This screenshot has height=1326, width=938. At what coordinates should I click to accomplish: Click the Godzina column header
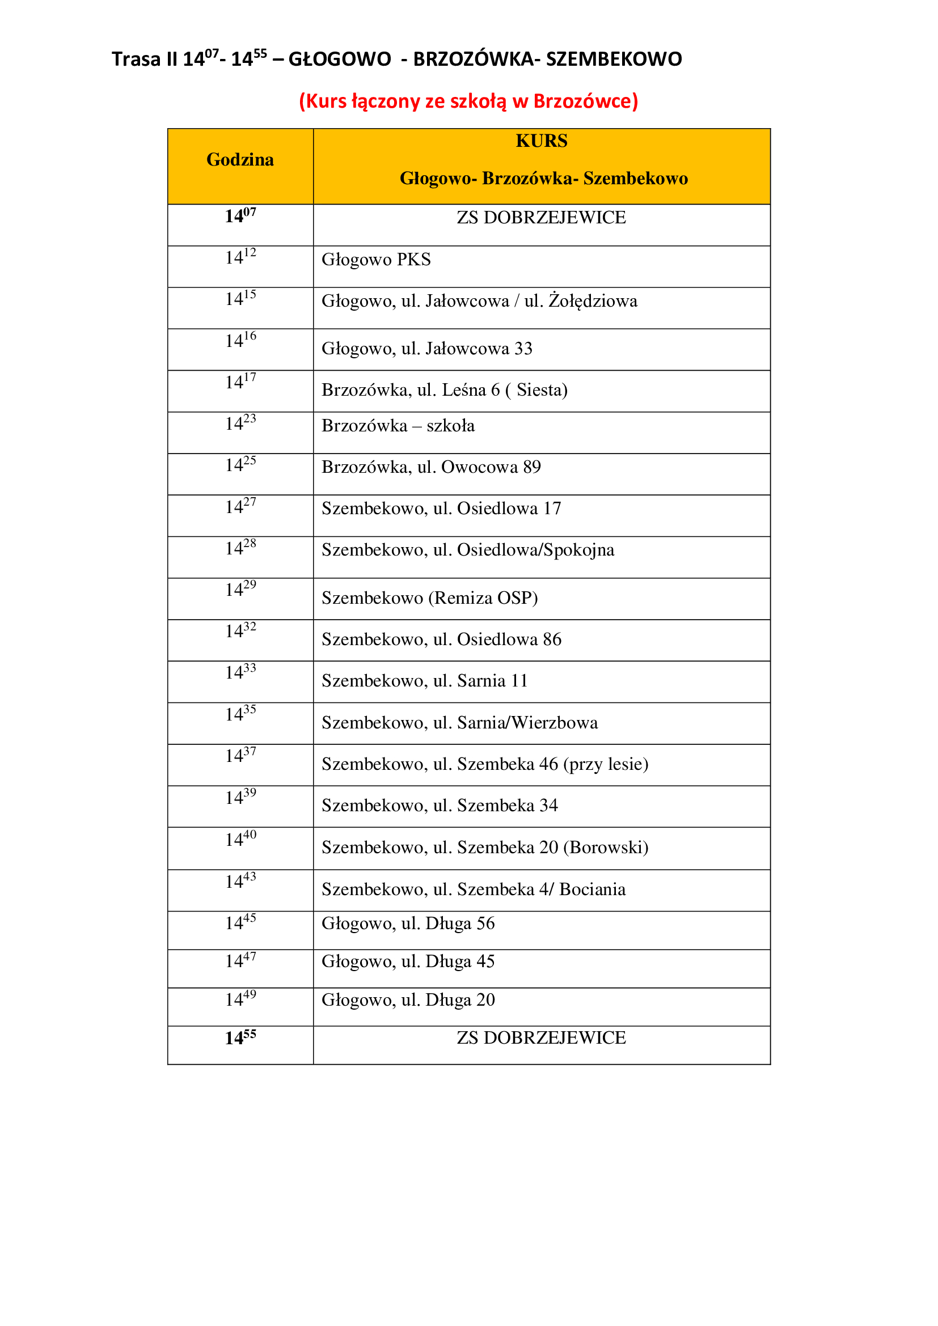click(240, 160)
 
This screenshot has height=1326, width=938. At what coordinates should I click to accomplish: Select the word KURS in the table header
click(541, 141)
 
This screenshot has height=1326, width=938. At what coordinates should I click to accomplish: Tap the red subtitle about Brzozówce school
click(468, 101)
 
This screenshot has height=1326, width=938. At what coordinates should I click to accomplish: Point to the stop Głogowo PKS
click(376, 260)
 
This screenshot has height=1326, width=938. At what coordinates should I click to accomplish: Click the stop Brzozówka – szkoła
click(398, 426)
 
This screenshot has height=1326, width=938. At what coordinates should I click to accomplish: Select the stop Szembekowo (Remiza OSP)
click(430, 598)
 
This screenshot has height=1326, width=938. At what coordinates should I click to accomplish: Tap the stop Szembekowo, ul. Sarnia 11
click(425, 681)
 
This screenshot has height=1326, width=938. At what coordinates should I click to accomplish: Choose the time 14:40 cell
click(240, 838)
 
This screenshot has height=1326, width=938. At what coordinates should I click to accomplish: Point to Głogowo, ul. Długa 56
click(408, 923)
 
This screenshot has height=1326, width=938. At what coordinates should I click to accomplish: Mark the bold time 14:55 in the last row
click(240, 1037)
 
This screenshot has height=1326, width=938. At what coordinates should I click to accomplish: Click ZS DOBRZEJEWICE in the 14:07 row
click(541, 218)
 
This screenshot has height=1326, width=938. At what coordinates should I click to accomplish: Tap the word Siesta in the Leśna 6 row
click(539, 390)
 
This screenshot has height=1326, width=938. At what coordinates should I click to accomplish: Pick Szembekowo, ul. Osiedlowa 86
click(441, 639)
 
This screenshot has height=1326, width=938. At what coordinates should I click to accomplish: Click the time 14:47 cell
click(240, 960)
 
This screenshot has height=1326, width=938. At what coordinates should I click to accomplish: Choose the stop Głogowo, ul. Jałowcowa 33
click(427, 349)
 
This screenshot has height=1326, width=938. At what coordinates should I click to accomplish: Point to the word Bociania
click(592, 889)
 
